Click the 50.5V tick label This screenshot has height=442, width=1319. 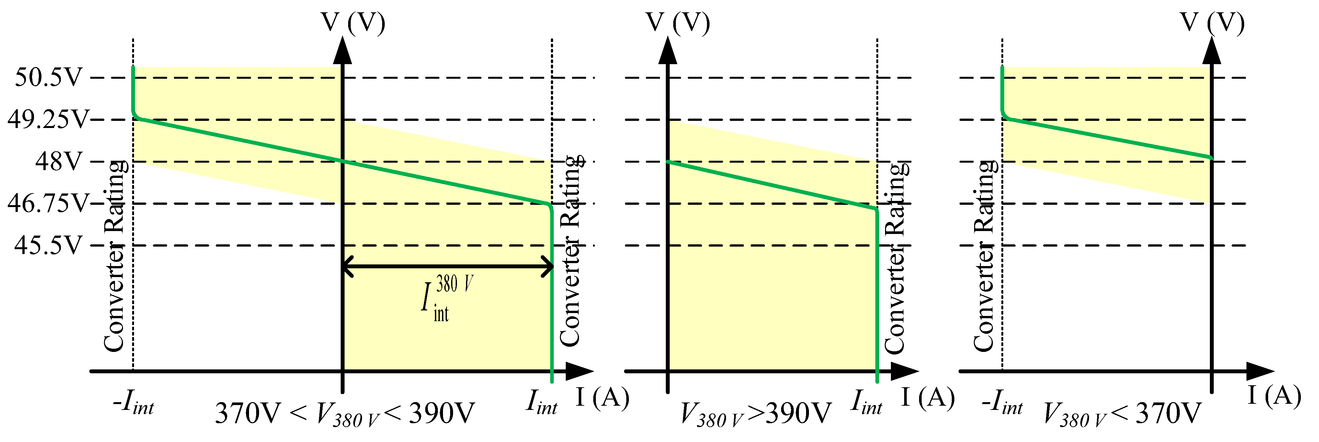(49, 78)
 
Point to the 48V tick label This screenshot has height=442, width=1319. (58, 162)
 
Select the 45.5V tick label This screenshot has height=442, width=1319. (49, 245)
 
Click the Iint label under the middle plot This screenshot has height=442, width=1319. (866, 402)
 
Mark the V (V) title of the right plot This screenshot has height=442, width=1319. (1212, 23)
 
